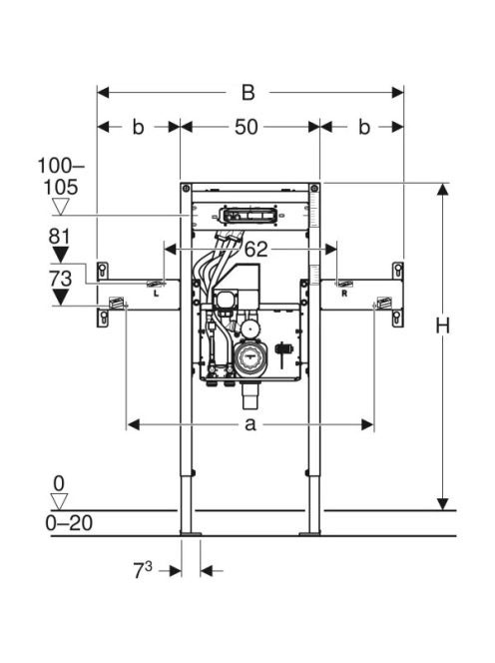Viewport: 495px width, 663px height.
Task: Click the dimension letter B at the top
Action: [x=248, y=93]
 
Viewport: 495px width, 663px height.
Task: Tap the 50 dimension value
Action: [x=247, y=127]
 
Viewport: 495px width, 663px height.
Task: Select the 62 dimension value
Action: [x=256, y=249]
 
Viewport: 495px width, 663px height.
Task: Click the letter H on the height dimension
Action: [x=442, y=326]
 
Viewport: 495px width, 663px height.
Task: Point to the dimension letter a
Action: [x=250, y=424]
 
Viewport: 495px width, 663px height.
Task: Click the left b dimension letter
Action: [x=139, y=127]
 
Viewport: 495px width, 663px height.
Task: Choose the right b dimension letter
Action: [x=364, y=127]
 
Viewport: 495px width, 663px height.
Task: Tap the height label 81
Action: [x=60, y=237]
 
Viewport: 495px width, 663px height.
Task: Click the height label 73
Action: [x=61, y=279]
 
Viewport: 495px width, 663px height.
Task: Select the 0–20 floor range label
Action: [x=69, y=523]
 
